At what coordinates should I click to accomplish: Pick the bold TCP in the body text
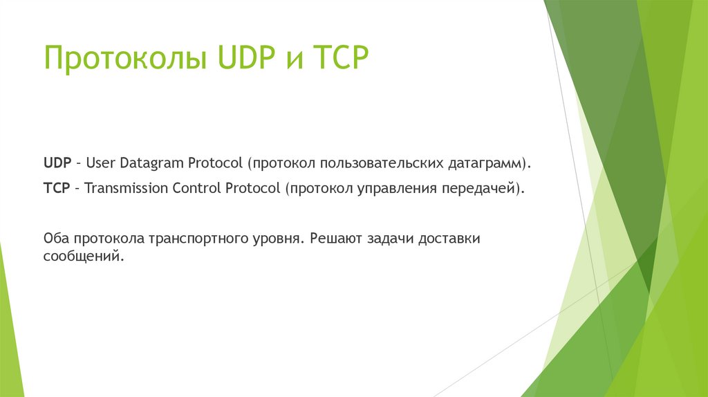pyautogui.click(x=56, y=188)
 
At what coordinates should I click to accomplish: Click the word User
pyautogui.click(x=101, y=164)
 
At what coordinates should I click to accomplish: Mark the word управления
pyautogui.click(x=391, y=188)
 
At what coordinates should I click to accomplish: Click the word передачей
pyautogui.click(x=480, y=188)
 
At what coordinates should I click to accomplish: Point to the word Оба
pyautogui.click(x=55, y=239)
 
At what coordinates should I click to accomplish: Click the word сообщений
pyautogui.click(x=84, y=256)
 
